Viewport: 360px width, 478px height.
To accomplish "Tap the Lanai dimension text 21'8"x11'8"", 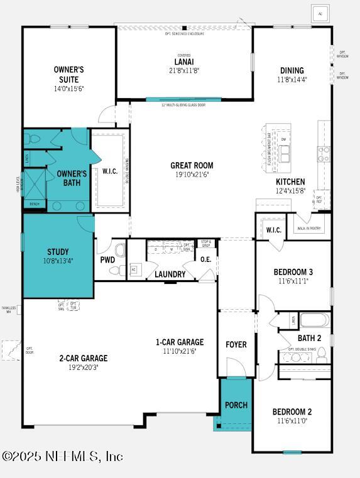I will tap(184, 71).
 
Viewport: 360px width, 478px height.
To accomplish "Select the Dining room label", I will tap(292, 70).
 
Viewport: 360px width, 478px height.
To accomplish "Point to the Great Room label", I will tap(188, 166).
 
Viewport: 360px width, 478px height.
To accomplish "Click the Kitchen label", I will tap(290, 181).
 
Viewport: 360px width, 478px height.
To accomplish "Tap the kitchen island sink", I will tap(285, 153).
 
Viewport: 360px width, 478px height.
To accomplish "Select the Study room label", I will tap(58, 252).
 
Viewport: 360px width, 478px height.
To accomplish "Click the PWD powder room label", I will tap(107, 259).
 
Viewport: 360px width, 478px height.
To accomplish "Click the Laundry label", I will tap(170, 274).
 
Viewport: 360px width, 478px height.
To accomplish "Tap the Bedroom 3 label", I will tap(293, 272).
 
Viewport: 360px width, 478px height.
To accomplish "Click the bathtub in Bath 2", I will tap(314, 320).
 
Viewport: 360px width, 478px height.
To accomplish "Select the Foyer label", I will tap(236, 344).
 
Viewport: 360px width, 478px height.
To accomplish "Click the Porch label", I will tap(236, 405).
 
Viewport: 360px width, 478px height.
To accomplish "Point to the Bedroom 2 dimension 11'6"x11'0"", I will tap(292, 421).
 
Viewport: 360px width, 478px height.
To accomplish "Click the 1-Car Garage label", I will tap(180, 342).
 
